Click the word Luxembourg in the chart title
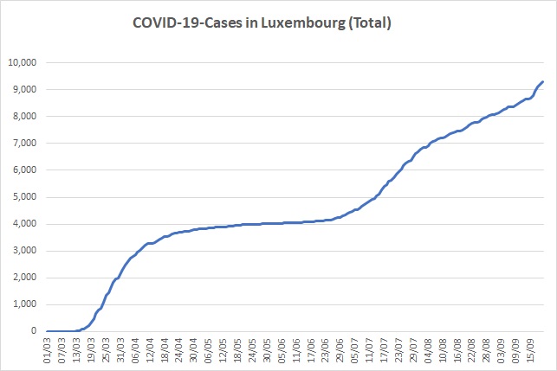[303, 23]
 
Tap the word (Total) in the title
[370, 23]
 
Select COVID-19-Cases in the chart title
[188, 22]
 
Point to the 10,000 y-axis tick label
[23, 63]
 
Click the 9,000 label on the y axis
[24, 89]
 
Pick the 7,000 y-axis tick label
[24, 144]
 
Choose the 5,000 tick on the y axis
[24, 197]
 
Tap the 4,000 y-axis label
[24, 224]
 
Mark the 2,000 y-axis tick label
[24, 278]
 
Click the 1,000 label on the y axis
[24, 304]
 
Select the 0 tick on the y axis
[34, 331]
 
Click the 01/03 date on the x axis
[48, 351]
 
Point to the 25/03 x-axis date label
[106, 351]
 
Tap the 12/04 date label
[150, 351]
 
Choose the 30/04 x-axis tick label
[193, 351]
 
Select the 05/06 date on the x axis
[282, 351]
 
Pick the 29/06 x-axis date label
[340, 351]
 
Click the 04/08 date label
[428, 351]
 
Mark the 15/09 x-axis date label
[530, 351]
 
